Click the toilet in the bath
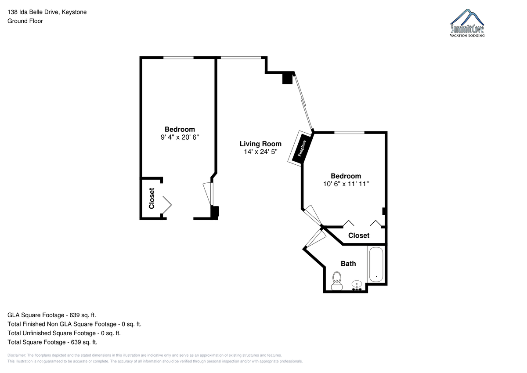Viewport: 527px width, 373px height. pos(337,281)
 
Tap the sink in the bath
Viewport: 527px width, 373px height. pos(357,286)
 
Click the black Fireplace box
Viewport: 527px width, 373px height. pos(302,148)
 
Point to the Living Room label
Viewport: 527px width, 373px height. pos(260,144)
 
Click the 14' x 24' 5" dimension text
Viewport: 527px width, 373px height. pos(260,152)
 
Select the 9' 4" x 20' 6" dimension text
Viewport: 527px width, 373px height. pos(180,137)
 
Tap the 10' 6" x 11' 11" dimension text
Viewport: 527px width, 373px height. pos(346,184)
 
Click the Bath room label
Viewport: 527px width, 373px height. pos(348,264)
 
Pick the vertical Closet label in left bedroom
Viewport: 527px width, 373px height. pos(152,198)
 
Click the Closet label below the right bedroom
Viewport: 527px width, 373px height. pos(359,235)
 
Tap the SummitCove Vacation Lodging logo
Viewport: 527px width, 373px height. pos(467,23)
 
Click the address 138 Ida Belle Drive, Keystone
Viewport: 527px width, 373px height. pos(47,12)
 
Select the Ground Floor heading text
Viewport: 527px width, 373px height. pos(25,21)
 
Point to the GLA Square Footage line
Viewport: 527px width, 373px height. pos(52,315)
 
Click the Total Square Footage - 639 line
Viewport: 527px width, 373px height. pos(52,342)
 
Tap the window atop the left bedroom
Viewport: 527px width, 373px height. pos(179,58)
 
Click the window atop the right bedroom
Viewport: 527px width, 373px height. pos(350,133)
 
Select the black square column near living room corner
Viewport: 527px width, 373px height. pos(287,78)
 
